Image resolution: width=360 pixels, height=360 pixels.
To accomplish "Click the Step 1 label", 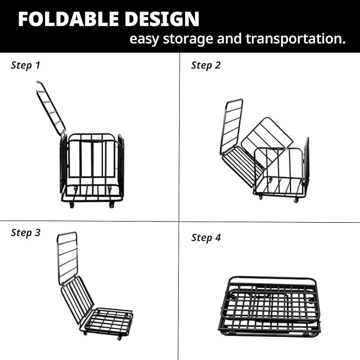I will (x=25, y=66).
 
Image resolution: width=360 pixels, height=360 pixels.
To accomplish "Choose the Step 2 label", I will (x=206, y=66).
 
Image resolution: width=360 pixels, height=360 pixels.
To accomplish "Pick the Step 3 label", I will (x=25, y=233).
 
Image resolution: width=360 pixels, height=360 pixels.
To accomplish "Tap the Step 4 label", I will (x=206, y=238).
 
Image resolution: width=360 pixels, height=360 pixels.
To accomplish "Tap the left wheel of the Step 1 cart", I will (x=72, y=205).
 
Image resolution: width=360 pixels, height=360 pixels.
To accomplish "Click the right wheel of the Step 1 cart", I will (x=111, y=205).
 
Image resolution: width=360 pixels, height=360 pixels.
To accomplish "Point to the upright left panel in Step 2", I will (x=231, y=126).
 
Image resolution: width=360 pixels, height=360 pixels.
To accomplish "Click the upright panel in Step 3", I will (x=67, y=257).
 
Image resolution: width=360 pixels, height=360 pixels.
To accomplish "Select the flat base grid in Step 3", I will (x=109, y=320).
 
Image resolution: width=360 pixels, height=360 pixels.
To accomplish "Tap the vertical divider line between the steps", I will (x=179, y=159).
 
